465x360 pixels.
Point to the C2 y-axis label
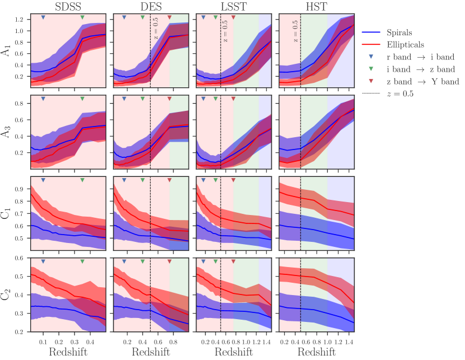7,294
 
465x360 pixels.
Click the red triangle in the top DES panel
170,18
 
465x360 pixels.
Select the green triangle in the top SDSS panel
82,18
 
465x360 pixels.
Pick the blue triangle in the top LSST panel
203,18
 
